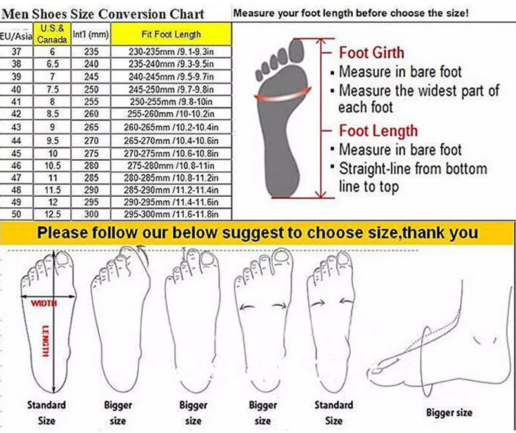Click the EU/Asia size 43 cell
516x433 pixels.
[x=16, y=127]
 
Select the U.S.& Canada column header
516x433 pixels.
[x=52, y=34]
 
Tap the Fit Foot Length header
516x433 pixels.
[x=171, y=34]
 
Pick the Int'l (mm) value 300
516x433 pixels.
[x=91, y=214]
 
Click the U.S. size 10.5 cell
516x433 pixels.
[x=52, y=166]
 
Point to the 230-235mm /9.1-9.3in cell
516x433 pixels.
[x=171, y=52]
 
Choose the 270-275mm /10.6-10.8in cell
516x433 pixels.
[x=171, y=154]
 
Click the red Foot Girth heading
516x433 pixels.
[x=372, y=53]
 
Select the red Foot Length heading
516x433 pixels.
[x=379, y=131]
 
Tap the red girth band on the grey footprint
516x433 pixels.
[x=283, y=96]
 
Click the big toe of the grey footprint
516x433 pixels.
[x=296, y=50]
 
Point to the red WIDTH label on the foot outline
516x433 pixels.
[x=44, y=303]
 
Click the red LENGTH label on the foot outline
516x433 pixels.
[x=46, y=341]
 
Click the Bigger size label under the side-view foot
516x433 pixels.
[x=449, y=412]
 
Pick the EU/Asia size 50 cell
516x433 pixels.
[x=16, y=214]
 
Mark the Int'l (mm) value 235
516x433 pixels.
[x=91, y=52]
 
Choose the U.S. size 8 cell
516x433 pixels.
[x=52, y=102]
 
